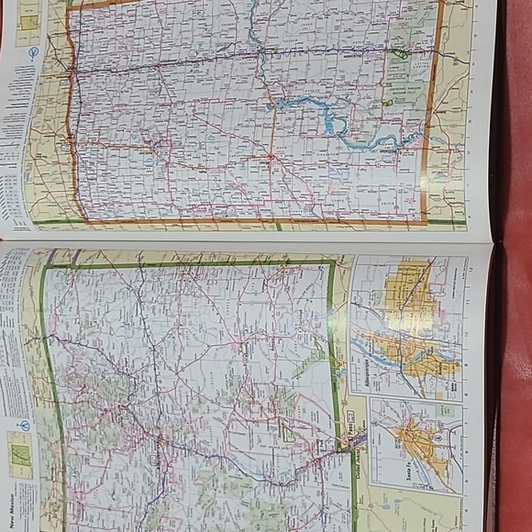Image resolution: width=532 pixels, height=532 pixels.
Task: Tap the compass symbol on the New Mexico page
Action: pyautogui.click(x=25, y=425)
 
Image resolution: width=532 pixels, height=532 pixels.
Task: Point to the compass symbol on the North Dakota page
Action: pyautogui.click(x=33, y=53)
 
